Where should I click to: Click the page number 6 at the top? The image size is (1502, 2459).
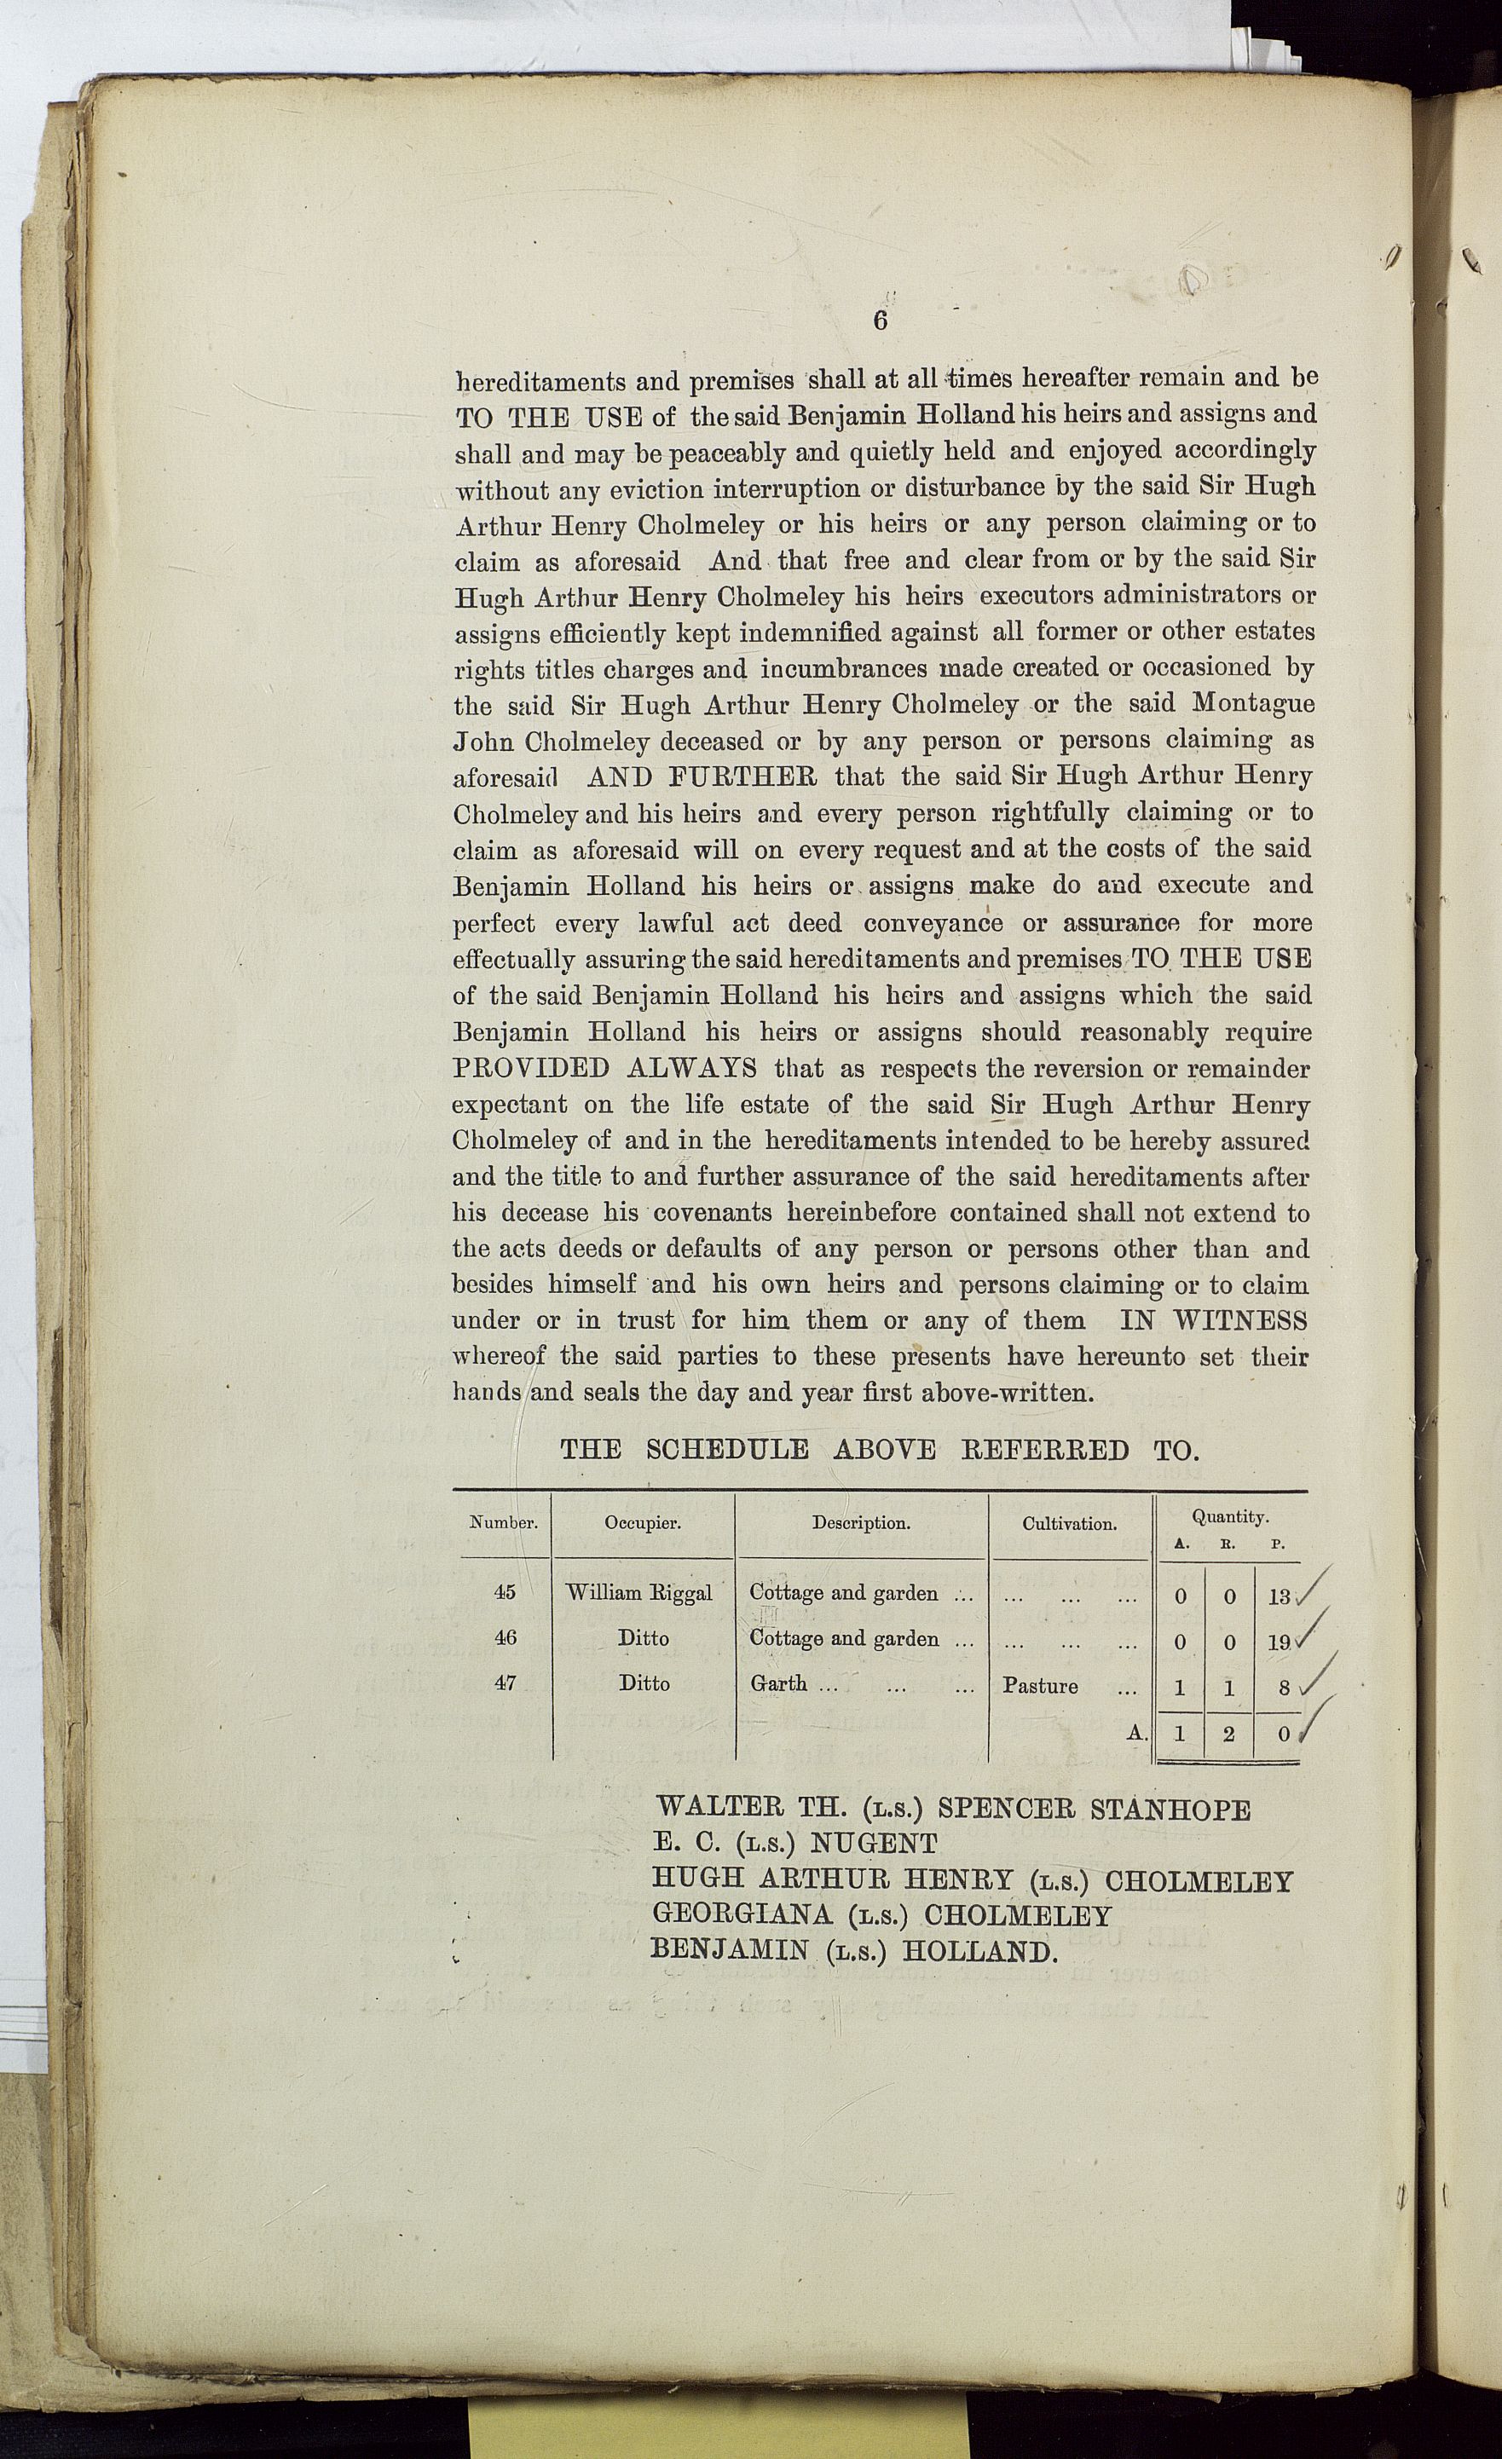[879, 320]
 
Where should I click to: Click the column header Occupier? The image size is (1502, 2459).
[643, 1523]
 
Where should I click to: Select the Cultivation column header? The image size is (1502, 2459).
[1069, 1524]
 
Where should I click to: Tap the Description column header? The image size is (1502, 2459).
[860, 1523]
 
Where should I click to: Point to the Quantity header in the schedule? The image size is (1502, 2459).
[1228, 1516]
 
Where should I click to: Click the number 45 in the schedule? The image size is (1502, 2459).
[505, 1592]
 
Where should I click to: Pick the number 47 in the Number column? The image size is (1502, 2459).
[505, 1683]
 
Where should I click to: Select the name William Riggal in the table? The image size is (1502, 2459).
[638, 1593]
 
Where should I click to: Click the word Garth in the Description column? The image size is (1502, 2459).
[778, 1683]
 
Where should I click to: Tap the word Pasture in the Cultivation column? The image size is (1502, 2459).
[1040, 1686]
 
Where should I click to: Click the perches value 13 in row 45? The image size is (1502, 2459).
[1279, 1596]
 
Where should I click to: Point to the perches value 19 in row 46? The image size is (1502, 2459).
[1279, 1641]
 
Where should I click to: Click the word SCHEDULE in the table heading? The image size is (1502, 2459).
[726, 1449]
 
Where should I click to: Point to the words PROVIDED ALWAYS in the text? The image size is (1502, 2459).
[604, 1068]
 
